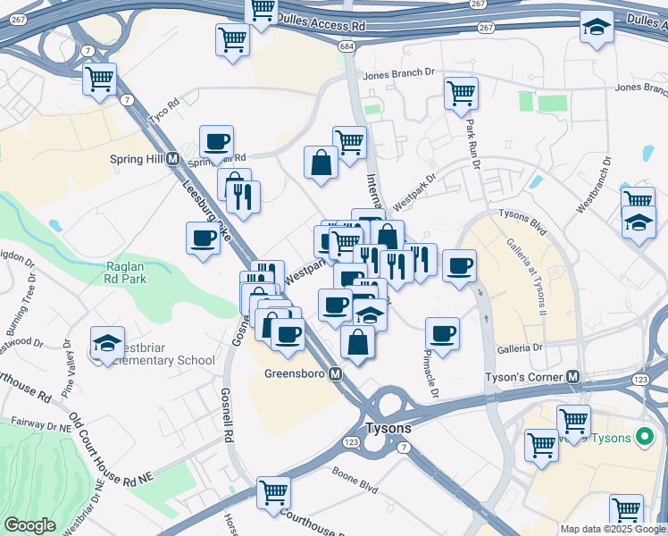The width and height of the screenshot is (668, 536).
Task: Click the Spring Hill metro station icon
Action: tap(173, 159)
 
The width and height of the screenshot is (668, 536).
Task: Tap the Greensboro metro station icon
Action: tap(336, 374)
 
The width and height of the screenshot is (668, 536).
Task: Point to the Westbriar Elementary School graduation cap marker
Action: tap(106, 343)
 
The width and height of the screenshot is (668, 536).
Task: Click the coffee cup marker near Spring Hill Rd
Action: tap(216, 140)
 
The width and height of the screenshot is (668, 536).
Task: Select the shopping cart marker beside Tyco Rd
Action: tap(99, 79)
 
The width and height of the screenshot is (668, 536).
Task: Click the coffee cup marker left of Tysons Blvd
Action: tap(459, 264)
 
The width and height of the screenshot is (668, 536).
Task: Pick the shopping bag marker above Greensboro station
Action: tap(357, 341)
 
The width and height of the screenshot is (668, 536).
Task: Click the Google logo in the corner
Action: tap(29, 525)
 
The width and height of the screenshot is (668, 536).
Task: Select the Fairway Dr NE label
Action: tap(40, 427)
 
